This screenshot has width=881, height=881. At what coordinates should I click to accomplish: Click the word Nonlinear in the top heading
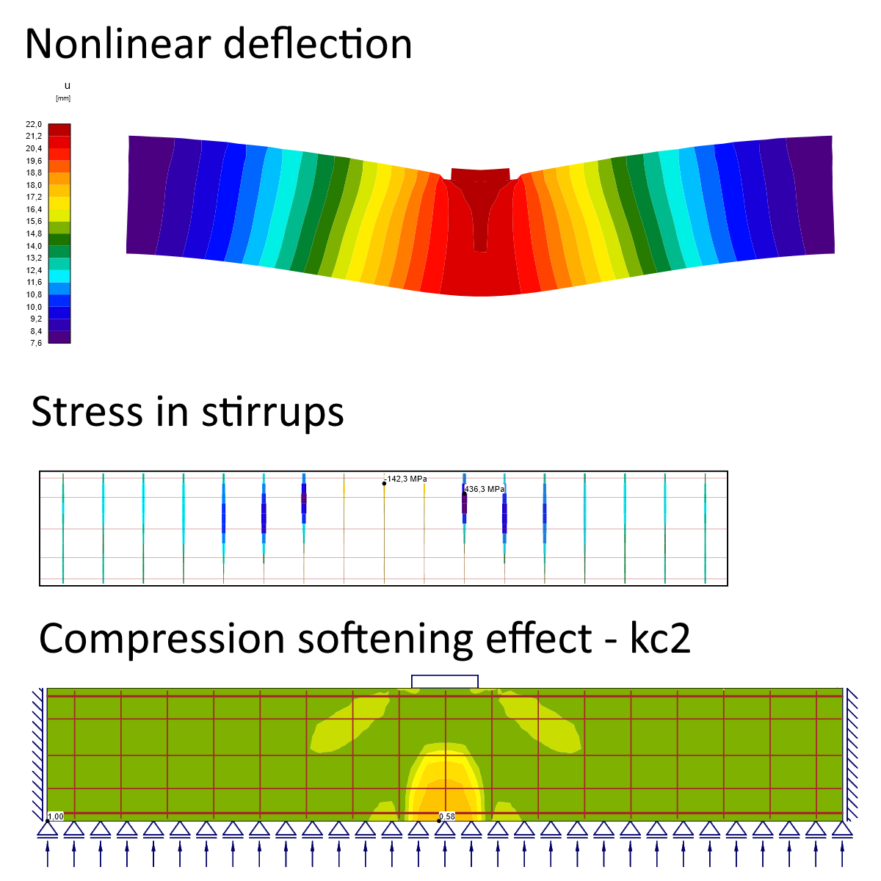tap(117, 44)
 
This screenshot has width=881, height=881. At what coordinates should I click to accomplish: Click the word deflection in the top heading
tap(317, 44)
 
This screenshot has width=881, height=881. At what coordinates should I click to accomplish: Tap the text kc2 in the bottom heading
tap(660, 639)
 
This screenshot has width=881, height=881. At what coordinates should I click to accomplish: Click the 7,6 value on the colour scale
tap(36, 343)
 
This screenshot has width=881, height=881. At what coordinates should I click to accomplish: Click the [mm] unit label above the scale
tap(63, 98)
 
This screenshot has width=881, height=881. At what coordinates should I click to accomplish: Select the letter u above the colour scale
tap(68, 86)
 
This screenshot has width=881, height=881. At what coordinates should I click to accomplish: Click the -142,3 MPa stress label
tap(407, 479)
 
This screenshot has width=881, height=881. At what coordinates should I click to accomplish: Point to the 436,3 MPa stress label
tap(485, 489)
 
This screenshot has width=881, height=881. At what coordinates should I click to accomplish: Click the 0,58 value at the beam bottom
tap(447, 816)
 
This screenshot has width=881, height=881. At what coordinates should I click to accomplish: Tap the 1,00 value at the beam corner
tap(56, 816)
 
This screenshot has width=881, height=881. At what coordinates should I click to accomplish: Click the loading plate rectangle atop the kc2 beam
tap(445, 681)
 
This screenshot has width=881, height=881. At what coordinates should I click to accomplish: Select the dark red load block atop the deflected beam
tap(479, 175)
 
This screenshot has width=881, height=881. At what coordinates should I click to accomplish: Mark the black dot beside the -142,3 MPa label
tap(384, 483)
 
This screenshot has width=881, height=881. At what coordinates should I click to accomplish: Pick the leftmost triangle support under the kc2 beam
tap(48, 830)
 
